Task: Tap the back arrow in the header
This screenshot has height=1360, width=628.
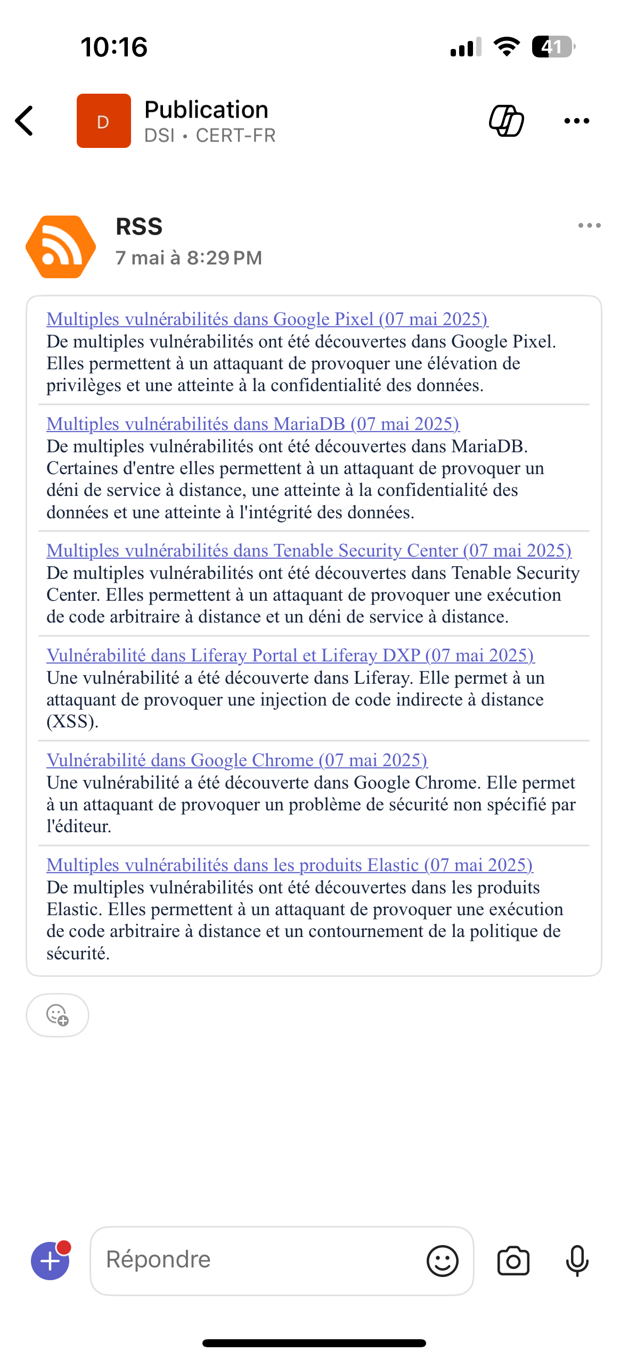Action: coord(25,121)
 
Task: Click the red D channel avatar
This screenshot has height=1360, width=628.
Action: coord(104,121)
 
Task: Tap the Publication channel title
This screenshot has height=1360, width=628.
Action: coord(206,110)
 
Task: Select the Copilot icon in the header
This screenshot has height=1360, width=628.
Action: coord(506,121)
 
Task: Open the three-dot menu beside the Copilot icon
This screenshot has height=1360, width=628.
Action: coord(576,121)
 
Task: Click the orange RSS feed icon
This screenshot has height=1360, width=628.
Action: coord(61,247)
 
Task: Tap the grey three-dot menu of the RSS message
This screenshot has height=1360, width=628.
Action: coord(589,226)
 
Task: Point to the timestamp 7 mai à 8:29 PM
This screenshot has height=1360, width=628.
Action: coord(189,258)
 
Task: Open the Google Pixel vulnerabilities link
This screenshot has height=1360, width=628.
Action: coord(267,319)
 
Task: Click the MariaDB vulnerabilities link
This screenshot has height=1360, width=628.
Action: coord(252,424)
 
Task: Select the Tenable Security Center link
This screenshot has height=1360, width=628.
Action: coord(308,550)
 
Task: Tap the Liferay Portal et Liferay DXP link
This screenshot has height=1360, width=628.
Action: coord(290,655)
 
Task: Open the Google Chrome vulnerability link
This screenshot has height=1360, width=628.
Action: coord(236,760)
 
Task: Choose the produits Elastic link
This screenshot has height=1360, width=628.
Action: coord(289,865)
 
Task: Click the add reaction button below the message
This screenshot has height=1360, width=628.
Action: coord(58,1015)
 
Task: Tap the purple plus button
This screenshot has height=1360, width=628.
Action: coord(51,1261)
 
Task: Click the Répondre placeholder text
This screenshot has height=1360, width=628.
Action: coord(159,1259)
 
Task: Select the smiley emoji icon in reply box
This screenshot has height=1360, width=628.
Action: coord(442,1261)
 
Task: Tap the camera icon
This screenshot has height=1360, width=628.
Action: coord(513,1261)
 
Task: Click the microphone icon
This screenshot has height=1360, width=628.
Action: coord(577,1261)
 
